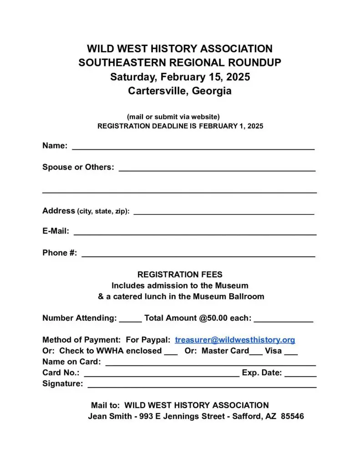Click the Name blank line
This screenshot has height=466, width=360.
click(x=193, y=148)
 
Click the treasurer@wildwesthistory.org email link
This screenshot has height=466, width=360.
click(x=235, y=340)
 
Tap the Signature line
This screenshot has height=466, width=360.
click(x=202, y=386)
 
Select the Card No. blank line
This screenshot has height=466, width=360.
click(x=162, y=375)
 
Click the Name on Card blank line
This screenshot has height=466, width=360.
click(x=211, y=364)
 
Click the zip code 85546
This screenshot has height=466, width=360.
click(x=292, y=416)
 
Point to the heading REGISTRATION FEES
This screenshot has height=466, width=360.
click(x=180, y=275)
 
